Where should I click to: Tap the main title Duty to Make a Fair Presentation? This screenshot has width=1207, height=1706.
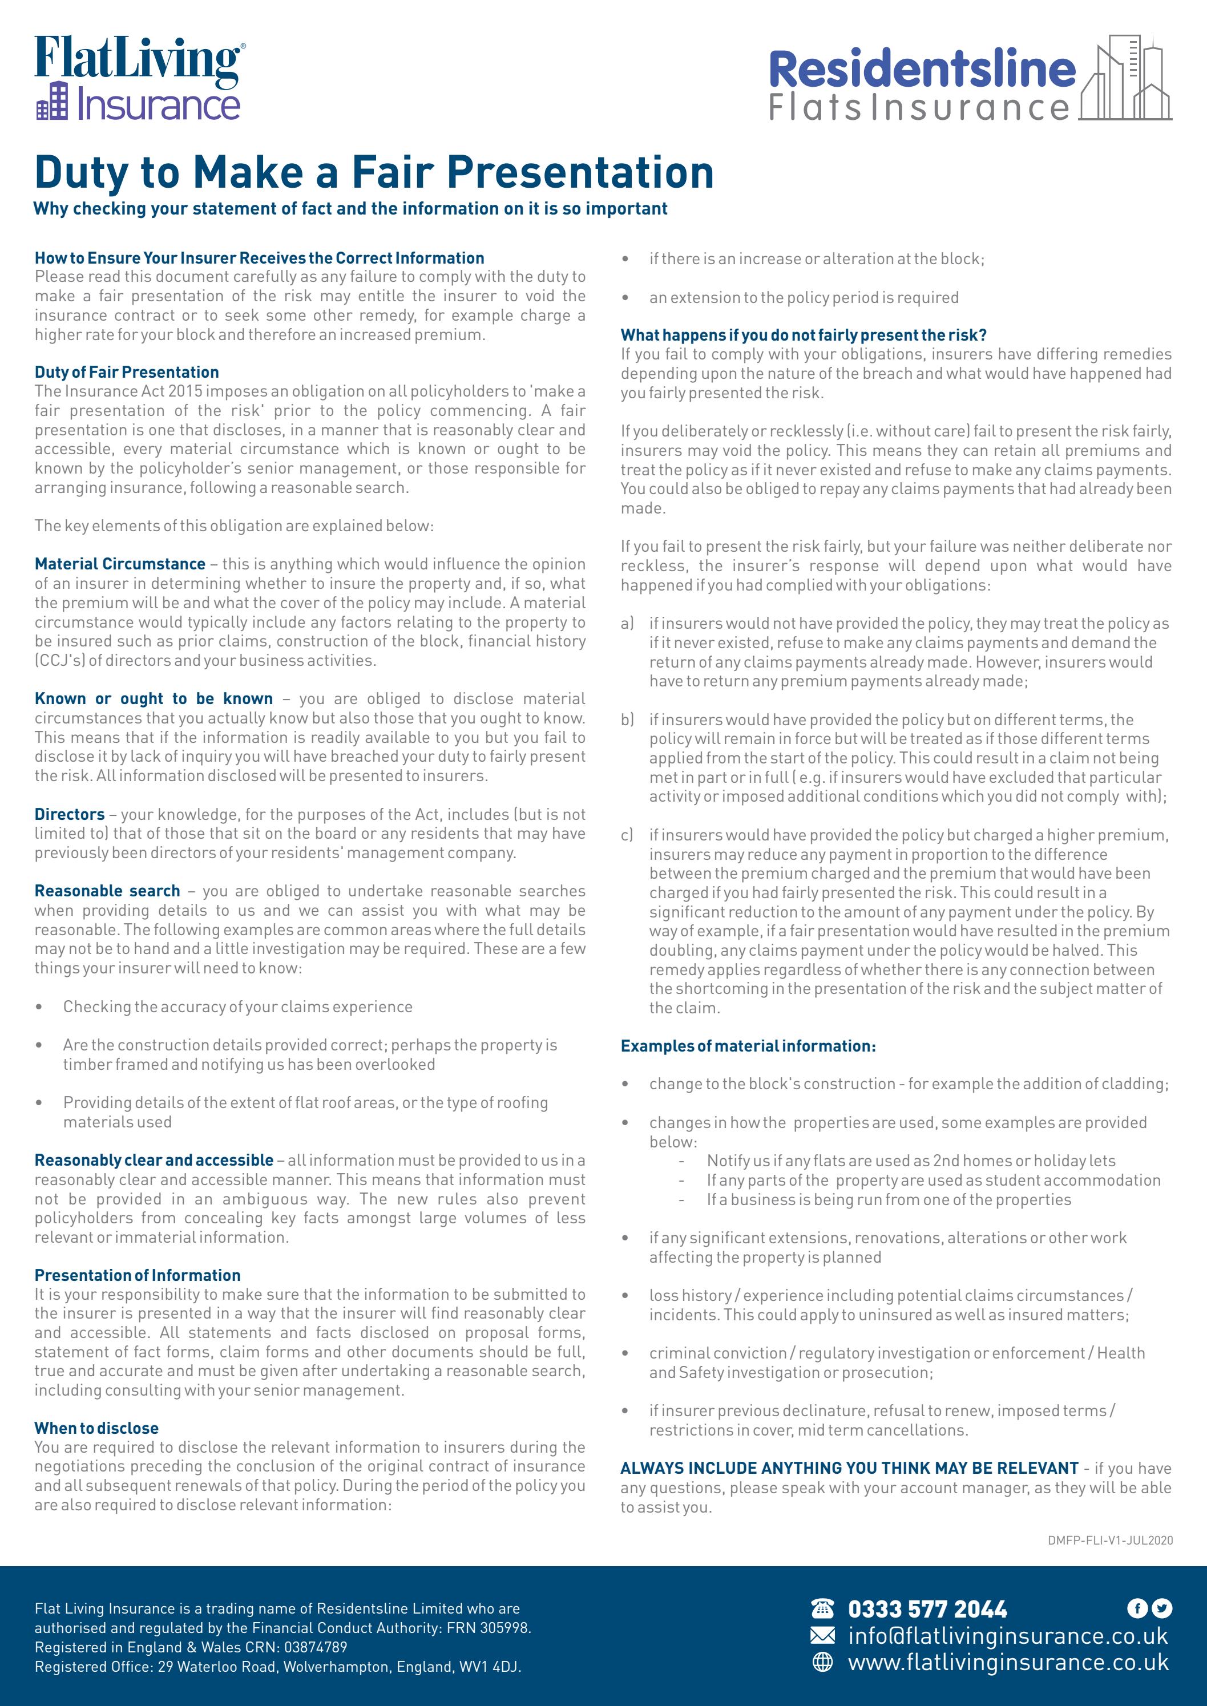[374, 172]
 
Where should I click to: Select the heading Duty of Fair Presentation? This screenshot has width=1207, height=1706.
[126, 372]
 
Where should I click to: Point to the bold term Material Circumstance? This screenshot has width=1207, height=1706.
[120, 564]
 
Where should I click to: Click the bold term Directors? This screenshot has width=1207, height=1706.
[69, 814]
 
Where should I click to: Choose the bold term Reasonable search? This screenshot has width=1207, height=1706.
[107, 891]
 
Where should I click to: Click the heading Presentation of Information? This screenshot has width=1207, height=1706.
[138, 1275]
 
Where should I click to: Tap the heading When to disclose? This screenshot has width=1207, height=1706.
[96, 1428]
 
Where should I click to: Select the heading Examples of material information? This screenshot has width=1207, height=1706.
[748, 1046]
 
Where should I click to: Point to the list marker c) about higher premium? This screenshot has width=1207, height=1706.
[627, 835]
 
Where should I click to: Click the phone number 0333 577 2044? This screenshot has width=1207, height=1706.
[927, 1610]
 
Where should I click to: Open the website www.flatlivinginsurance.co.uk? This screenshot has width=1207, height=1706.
[1008, 1662]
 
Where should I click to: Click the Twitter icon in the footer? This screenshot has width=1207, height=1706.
[1162, 1608]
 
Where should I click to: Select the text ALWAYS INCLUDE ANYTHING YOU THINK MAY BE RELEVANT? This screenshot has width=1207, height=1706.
[849, 1468]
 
